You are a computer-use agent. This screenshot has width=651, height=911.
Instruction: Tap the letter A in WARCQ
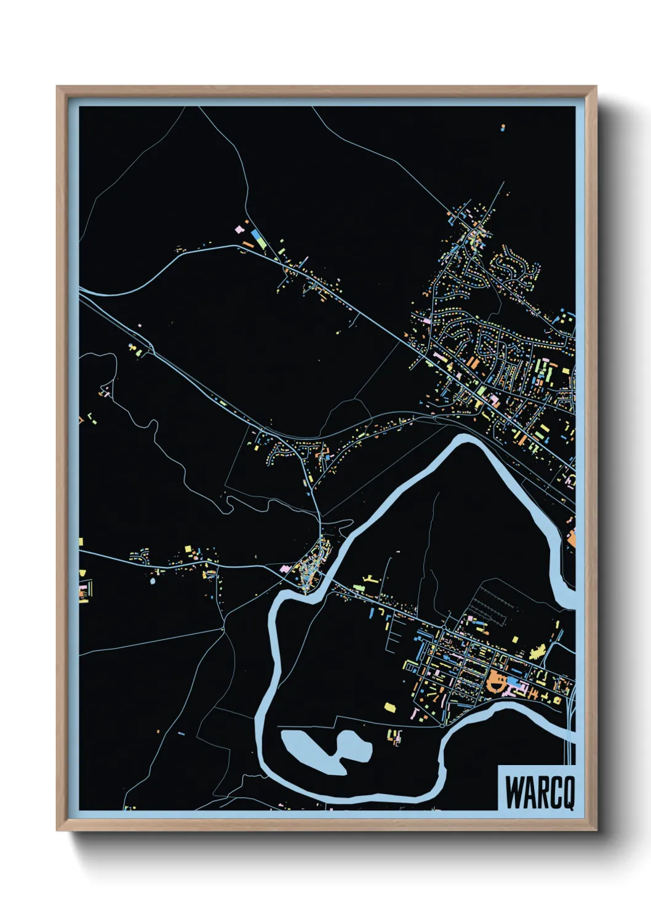pyautogui.click(x=529, y=793)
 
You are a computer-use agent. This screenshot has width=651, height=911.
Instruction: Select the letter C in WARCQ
pyautogui.click(x=554, y=793)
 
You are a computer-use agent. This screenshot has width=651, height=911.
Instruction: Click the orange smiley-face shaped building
pyautogui.click(x=496, y=682)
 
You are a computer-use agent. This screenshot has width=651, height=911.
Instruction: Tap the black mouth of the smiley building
pyautogui.click(x=496, y=684)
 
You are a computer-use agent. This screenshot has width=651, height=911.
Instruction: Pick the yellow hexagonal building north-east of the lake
pyautogui.click(x=389, y=707)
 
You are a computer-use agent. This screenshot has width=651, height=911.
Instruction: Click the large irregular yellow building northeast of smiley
pyautogui.click(x=538, y=651)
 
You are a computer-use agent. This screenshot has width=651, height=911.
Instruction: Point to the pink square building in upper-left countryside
pyautogui.click(x=239, y=230)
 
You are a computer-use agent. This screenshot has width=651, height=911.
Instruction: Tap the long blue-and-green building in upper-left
pyautogui.click(x=258, y=239)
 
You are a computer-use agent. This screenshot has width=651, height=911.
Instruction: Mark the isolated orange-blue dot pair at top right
pyautogui.click(x=503, y=128)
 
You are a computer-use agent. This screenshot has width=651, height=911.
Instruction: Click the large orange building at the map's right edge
pyautogui.click(x=571, y=539)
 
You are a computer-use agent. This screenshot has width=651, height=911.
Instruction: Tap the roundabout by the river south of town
pyautogui.click(x=442, y=726)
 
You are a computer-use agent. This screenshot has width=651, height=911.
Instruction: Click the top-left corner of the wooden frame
pyautogui.click(x=58, y=87)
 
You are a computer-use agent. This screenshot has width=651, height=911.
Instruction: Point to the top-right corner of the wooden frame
pyautogui.click(x=595, y=87)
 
